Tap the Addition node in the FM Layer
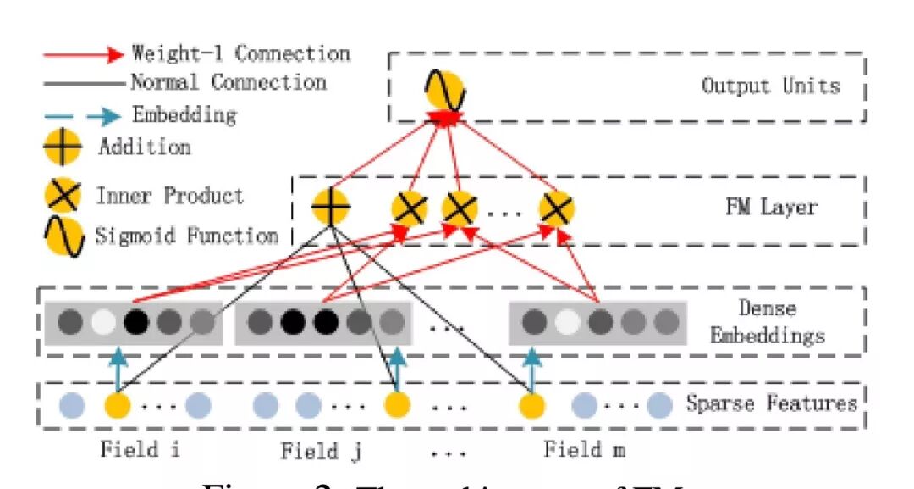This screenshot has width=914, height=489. pyautogui.click(x=329, y=208)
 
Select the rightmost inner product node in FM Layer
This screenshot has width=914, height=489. pyautogui.click(x=556, y=208)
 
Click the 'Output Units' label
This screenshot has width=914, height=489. pyautogui.click(x=770, y=86)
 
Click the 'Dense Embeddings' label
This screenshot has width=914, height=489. pyautogui.click(x=767, y=323)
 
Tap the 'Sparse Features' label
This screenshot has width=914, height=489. pyautogui.click(x=771, y=403)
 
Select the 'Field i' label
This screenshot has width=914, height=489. pyautogui.click(x=140, y=448)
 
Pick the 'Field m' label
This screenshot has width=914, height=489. pyautogui.click(x=584, y=448)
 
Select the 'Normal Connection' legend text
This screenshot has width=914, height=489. pyautogui.click(x=228, y=82)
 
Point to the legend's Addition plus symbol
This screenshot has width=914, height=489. pyautogui.click(x=63, y=147)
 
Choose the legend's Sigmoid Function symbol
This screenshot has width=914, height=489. pyautogui.click(x=63, y=235)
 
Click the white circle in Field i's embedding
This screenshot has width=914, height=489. pyautogui.click(x=102, y=322)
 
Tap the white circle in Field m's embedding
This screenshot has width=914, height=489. pyautogui.click(x=567, y=322)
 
